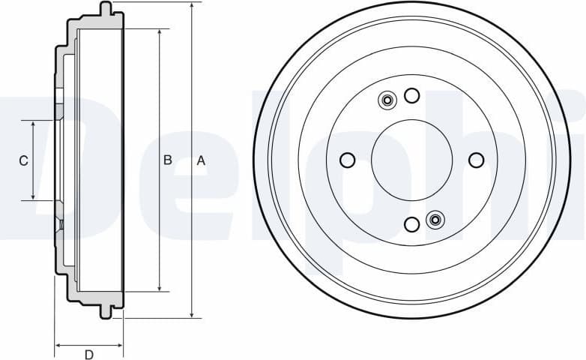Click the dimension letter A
tap(201, 160)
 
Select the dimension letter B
tap(168, 160)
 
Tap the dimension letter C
tap(23, 160)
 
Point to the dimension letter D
tap(88, 354)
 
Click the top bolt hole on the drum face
tap(411, 95)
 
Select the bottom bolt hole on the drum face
tap(411, 224)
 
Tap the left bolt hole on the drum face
tap(347, 160)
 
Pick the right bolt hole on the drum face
tap(476, 160)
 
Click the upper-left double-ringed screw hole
tap(387, 100)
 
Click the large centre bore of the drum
tap(411, 160)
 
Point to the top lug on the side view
tap(106, 9)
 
